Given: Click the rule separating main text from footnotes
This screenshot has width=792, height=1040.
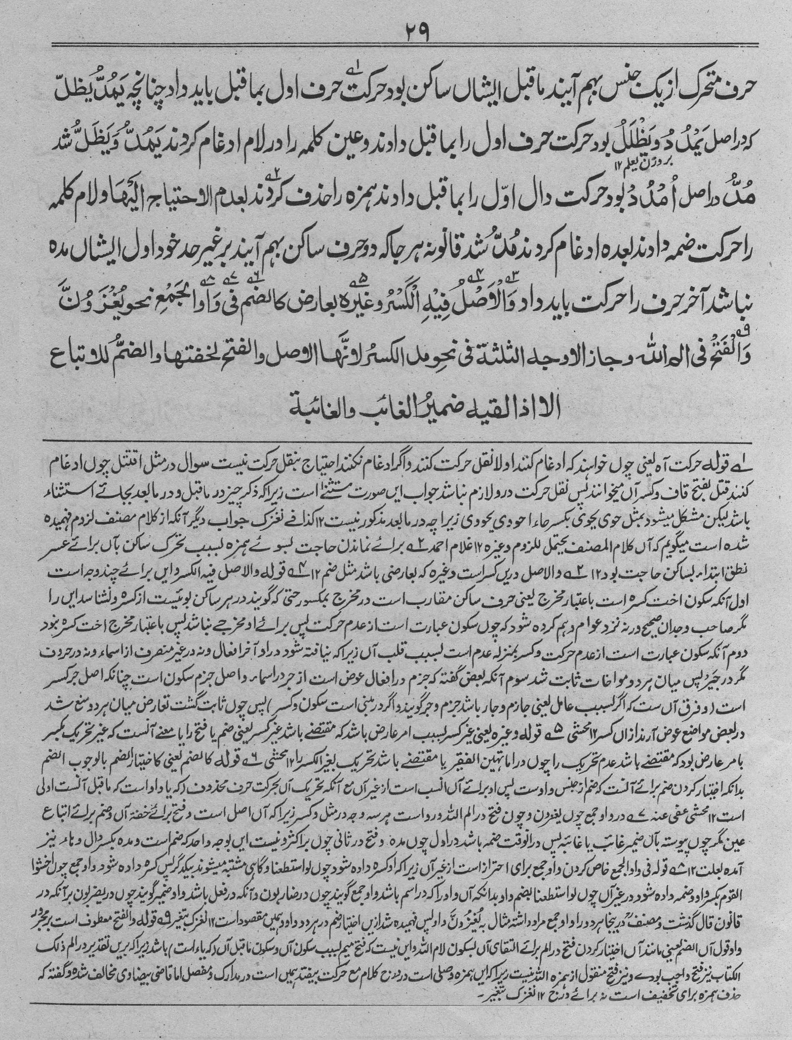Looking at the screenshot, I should (x=396, y=440).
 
